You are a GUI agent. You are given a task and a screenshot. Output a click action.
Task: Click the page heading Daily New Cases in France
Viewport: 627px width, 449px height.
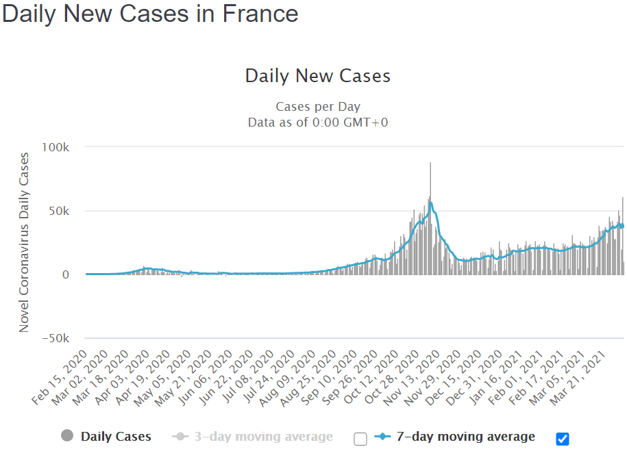tap(150, 14)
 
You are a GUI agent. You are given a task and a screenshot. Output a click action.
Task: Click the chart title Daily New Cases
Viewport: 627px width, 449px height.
tap(318, 75)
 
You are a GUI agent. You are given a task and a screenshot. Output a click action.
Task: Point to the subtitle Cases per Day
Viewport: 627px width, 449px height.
tap(318, 107)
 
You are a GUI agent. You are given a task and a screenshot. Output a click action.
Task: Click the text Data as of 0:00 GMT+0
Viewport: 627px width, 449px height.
tap(318, 123)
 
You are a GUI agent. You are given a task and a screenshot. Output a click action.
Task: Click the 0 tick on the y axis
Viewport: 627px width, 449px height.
tap(66, 274)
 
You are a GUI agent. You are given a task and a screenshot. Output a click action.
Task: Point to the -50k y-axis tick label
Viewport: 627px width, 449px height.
tap(56, 338)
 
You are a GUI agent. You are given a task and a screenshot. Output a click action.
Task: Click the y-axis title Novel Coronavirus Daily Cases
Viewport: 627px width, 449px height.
tap(24, 242)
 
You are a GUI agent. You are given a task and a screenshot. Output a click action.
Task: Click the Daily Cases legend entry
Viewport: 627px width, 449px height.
tap(116, 437)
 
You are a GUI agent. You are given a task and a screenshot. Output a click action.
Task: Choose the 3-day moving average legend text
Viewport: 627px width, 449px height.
tap(263, 437)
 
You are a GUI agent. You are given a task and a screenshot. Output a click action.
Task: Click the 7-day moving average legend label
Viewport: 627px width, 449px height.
tap(466, 437)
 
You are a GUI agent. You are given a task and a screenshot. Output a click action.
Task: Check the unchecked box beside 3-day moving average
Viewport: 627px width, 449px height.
tap(360, 439)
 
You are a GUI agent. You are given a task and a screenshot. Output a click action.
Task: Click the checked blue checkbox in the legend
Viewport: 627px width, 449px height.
tap(563, 439)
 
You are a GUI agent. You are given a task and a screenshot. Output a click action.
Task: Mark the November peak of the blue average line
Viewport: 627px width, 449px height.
tap(431, 203)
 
